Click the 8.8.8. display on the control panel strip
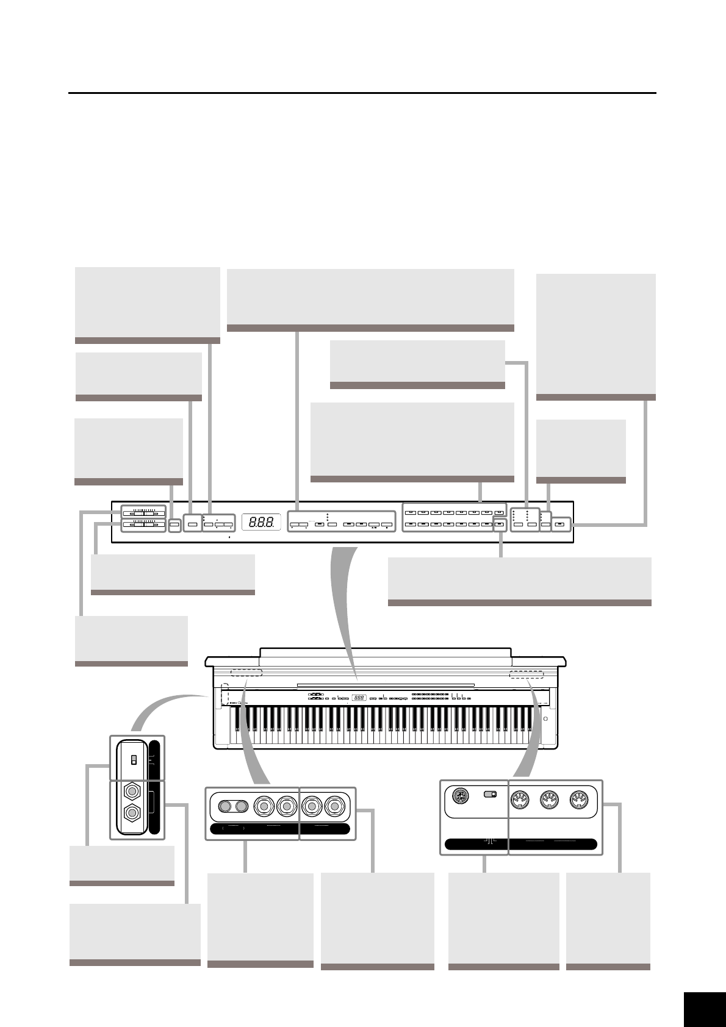tap(261, 523)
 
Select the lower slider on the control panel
tap(143, 524)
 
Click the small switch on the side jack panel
tap(134, 759)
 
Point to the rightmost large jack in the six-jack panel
tap(334, 806)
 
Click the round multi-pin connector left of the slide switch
tap(461, 796)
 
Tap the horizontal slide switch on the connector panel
tap(490, 795)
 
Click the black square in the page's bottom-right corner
tap(704, 1009)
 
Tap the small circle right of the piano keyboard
tap(545, 718)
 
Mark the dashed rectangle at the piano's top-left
tap(246, 672)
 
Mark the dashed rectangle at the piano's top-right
tap(526, 675)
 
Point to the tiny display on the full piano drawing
tap(359, 698)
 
